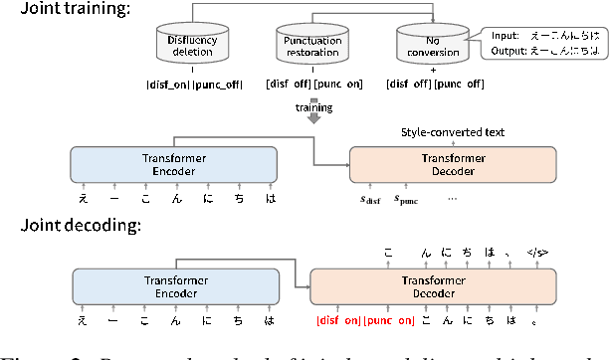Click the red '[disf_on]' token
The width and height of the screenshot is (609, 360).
338,320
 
